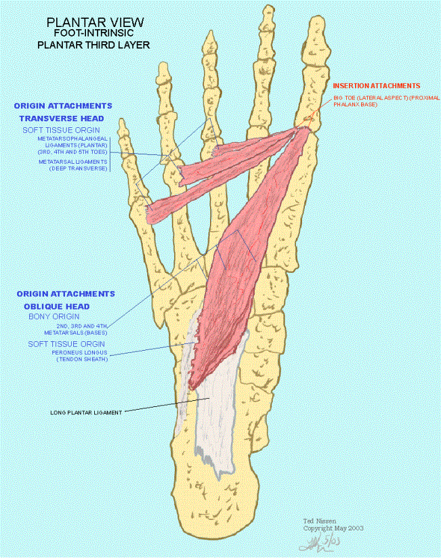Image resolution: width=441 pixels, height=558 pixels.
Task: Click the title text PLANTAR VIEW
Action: point(95,22)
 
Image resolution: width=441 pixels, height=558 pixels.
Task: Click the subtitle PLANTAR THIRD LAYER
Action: point(93,45)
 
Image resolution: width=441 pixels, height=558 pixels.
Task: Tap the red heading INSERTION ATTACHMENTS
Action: point(377,86)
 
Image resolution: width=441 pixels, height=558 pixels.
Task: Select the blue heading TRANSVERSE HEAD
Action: point(62,119)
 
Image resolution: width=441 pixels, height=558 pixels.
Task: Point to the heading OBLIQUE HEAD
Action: point(57,306)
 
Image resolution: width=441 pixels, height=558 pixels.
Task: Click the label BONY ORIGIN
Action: point(54,316)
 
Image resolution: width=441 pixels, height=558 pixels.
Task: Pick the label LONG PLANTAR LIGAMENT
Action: point(86,413)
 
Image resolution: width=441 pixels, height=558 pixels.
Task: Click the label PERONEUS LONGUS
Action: point(80,353)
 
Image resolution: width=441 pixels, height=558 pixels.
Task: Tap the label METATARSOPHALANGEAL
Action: point(72,139)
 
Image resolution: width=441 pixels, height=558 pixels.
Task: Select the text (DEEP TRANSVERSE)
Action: point(79,169)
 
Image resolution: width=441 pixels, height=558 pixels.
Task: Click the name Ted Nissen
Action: point(320,521)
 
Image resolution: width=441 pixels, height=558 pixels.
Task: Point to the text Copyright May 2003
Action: point(333,528)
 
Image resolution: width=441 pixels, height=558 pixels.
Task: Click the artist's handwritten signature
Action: point(320,542)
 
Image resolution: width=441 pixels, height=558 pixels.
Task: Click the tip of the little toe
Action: point(122,121)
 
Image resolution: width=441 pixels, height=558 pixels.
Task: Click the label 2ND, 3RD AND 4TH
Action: point(82,326)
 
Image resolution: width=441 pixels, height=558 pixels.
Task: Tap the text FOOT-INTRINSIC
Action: point(94,33)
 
